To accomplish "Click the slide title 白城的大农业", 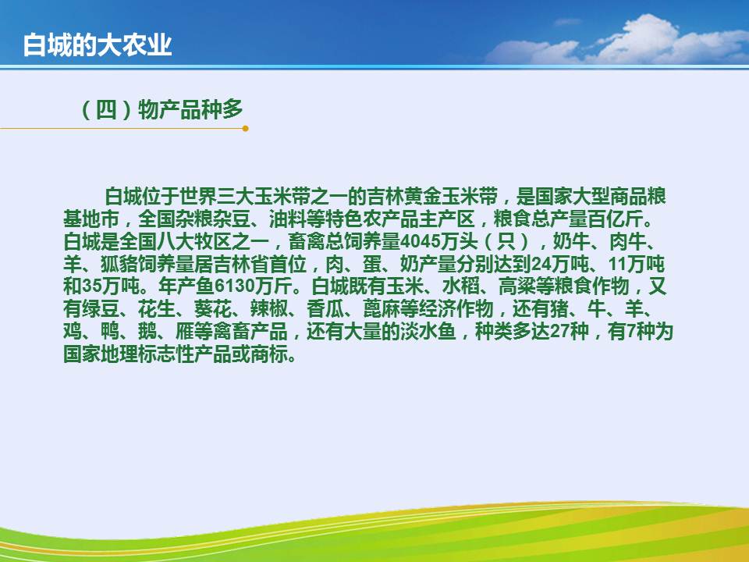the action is pyautogui.click(x=98, y=45).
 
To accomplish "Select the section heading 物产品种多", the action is pyautogui.click(x=190, y=109).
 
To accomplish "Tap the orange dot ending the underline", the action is pyautogui.click(x=246, y=128).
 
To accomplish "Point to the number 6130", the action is pyautogui.click(x=235, y=286).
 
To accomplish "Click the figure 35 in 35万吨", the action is pyautogui.click(x=92, y=286).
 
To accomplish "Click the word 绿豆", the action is pyautogui.click(x=101, y=309).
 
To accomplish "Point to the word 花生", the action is pyautogui.click(x=157, y=309).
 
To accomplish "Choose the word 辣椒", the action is pyautogui.click(x=269, y=309).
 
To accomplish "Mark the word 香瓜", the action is pyautogui.click(x=325, y=309).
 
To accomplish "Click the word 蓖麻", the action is pyautogui.click(x=382, y=309).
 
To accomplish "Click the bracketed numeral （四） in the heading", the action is pyautogui.click(x=106, y=109).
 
